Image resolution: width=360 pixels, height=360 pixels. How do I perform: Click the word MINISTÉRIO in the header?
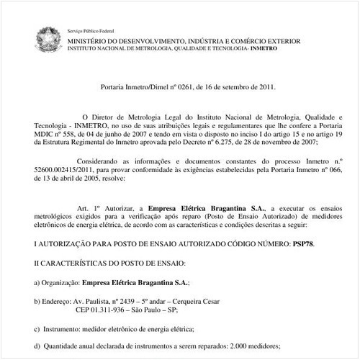coord(89,41)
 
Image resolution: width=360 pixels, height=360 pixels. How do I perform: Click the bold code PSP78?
coord(303,243)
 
